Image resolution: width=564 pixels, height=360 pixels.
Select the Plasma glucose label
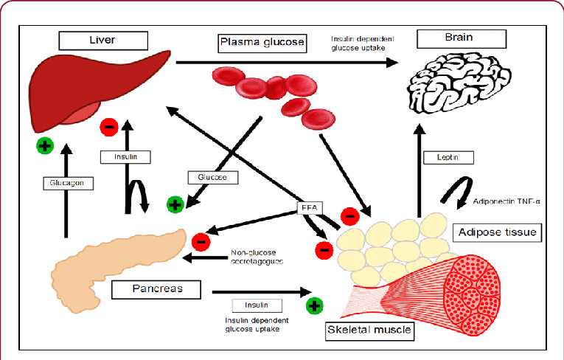(x=262, y=43)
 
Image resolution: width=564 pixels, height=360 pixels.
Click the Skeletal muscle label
(x=369, y=330)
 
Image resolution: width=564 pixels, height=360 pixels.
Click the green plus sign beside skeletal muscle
(x=314, y=305)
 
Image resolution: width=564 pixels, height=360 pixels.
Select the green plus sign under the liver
(x=45, y=145)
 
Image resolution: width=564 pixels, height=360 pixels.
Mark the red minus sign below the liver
(x=109, y=127)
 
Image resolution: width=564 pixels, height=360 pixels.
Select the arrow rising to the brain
(x=418, y=170)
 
